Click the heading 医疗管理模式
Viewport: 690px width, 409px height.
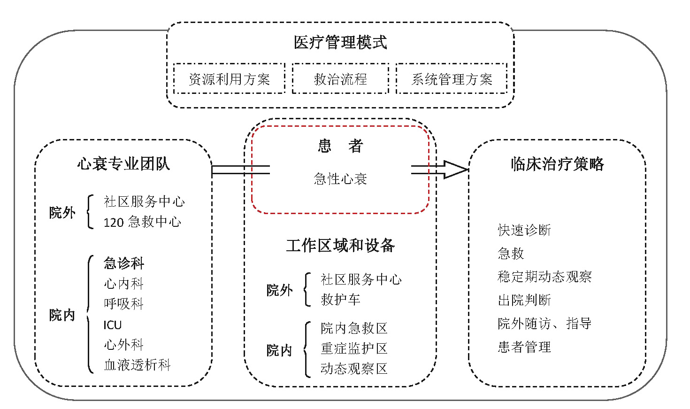(340, 42)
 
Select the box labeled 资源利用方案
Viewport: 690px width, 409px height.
(229, 79)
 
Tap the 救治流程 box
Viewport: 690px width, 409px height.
(340, 79)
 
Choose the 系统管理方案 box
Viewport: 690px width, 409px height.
(452, 79)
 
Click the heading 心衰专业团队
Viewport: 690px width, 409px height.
(123, 164)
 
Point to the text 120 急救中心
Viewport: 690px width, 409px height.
(142, 222)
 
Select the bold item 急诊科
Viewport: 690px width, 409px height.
(124, 263)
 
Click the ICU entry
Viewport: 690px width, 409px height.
(113, 324)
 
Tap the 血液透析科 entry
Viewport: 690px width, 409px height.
(137, 365)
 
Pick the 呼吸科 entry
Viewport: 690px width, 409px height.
(124, 304)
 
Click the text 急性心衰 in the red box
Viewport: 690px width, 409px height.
(340, 178)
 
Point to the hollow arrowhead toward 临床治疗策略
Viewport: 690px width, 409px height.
(455, 170)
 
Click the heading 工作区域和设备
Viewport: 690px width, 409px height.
(340, 245)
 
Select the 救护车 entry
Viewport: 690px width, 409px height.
(340, 299)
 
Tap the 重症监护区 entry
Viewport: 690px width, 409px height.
(354, 348)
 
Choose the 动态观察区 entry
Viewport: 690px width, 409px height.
(354, 369)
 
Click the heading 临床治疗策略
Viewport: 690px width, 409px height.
(557, 164)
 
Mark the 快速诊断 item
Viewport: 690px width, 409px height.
(524, 230)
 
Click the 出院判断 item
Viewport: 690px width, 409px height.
(524, 300)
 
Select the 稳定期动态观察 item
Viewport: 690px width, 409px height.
(544, 277)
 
